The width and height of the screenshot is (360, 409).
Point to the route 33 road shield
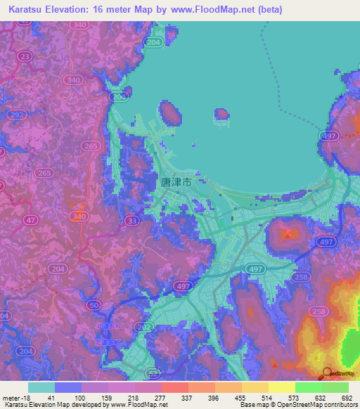(x=131, y=221)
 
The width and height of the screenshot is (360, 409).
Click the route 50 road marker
(x=94, y=305)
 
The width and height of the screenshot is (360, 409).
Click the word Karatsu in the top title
(x=27, y=9)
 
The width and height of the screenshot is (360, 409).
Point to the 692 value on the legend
(x=347, y=397)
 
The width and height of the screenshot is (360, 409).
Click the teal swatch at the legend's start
(x=41, y=387)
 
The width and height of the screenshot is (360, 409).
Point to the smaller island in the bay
(x=221, y=113)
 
